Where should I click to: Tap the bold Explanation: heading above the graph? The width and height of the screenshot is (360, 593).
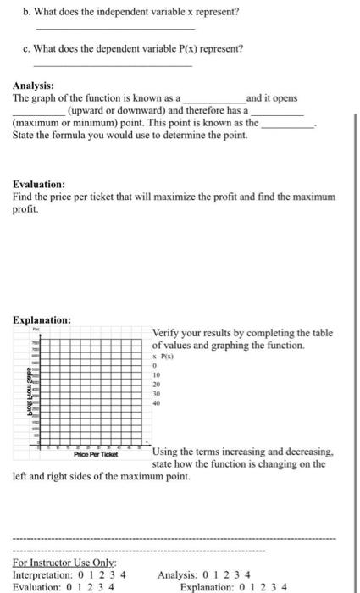(x=42, y=319)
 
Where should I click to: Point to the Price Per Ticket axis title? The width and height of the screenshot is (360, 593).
(x=94, y=454)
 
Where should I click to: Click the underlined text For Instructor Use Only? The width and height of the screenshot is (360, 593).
(x=53, y=562)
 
